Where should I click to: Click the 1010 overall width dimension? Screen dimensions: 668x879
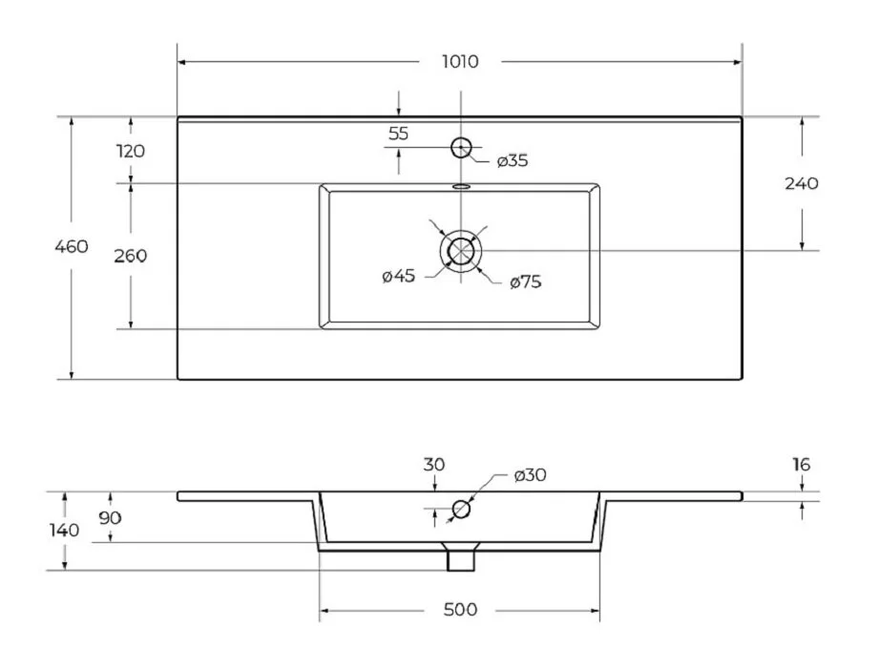459,62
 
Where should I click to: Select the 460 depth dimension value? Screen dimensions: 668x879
72,247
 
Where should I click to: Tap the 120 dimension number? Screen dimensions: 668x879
130,151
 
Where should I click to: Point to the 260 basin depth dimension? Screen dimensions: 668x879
130,256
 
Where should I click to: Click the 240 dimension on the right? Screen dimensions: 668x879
802,184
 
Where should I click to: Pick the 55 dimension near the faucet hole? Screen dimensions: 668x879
398,134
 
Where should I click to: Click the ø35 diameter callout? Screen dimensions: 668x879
513,160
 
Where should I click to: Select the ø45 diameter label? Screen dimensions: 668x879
398,277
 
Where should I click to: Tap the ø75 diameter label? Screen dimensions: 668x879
526,282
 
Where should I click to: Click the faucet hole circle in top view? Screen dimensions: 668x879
461,147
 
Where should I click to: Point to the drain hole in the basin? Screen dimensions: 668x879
461,251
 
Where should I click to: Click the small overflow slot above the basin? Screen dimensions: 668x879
461,186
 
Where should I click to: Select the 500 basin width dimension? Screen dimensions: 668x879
459,610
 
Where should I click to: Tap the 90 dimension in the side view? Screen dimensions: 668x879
111,518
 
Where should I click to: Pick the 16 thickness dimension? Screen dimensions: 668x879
801,465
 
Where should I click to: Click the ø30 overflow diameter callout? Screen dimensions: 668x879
530,475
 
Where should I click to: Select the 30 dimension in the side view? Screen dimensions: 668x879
434,465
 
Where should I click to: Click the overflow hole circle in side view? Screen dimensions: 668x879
461,509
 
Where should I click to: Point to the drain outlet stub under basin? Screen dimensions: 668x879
461,558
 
